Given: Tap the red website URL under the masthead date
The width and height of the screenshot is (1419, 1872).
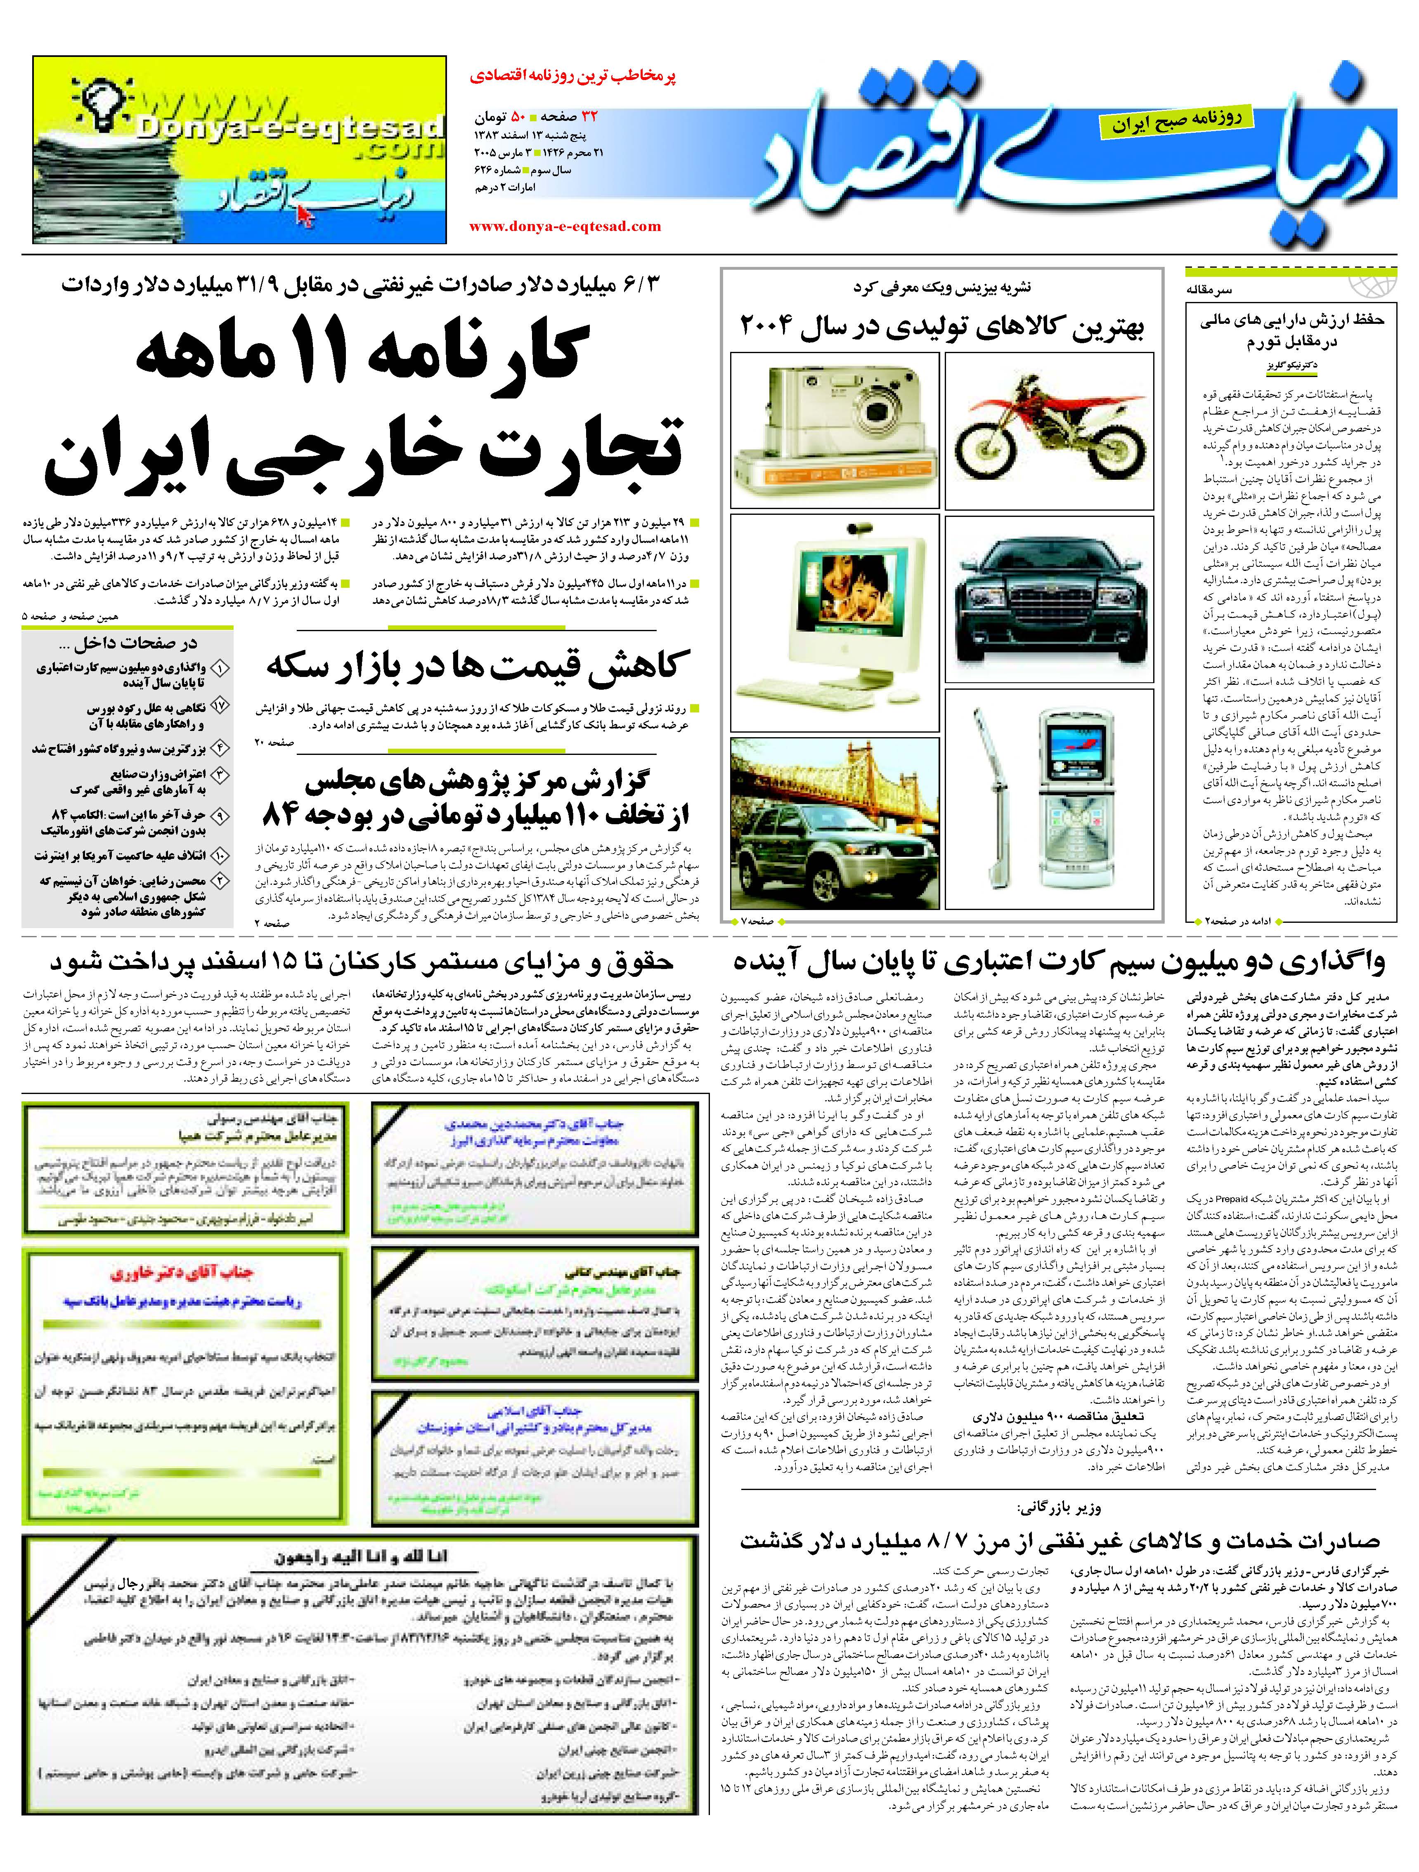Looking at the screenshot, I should (565, 226).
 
